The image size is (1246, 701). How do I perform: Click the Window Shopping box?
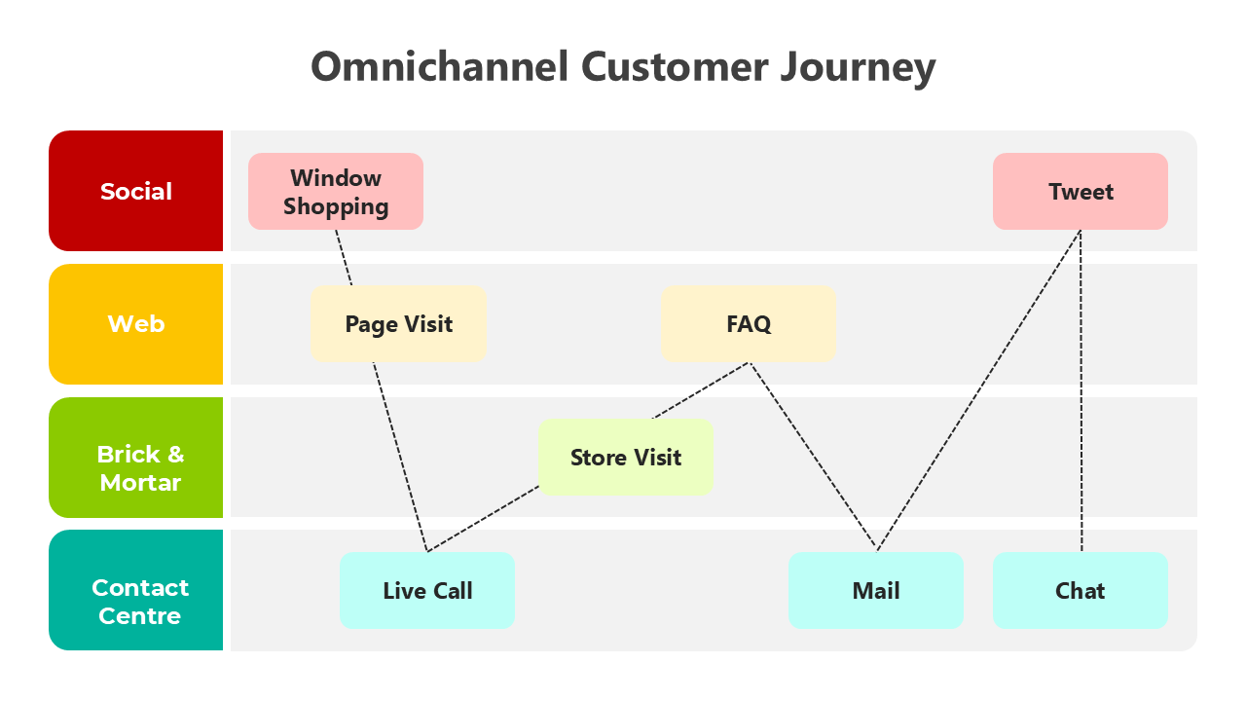pos(336,192)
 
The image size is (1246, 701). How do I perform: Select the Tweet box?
pos(1081,192)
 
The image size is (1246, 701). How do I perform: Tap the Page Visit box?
pos(398,324)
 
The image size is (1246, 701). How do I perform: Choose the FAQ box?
pos(749,324)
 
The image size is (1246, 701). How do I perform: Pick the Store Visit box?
pos(626,458)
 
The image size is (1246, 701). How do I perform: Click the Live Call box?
pos(427,591)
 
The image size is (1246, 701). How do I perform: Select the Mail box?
pos(876,591)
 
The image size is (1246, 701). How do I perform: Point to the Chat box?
pos(1081,591)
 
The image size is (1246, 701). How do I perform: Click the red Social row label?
pos(136,192)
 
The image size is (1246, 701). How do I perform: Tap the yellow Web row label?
pos(136,324)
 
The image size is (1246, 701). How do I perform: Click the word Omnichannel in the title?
pos(439,67)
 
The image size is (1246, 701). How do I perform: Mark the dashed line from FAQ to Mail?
pos(813,456)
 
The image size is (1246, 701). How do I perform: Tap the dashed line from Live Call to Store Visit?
pos(484,519)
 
